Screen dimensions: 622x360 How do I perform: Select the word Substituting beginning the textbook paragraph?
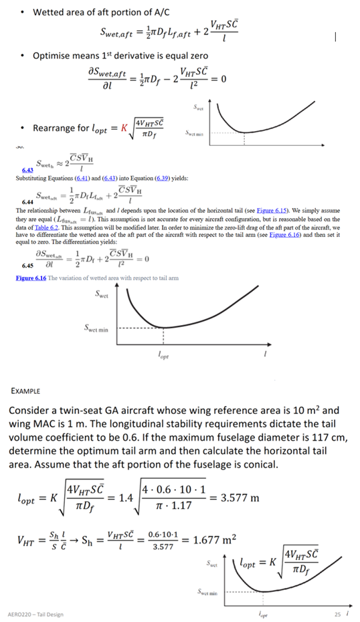point(35,179)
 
